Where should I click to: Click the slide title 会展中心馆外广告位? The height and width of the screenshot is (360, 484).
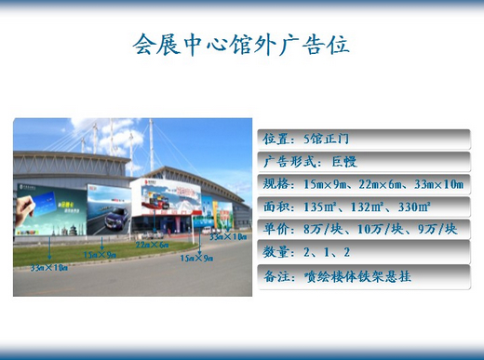tap(241, 44)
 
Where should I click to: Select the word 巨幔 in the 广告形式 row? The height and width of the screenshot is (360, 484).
tap(343, 161)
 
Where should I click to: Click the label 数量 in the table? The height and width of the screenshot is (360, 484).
tap(276, 251)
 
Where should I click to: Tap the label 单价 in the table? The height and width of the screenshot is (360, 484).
tap(276, 229)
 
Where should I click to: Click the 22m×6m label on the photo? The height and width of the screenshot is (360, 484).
tap(150, 245)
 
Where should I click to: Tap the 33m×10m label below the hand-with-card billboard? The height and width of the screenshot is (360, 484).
tap(49, 268)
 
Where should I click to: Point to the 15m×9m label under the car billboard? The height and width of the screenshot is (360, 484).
tap(101, 253)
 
